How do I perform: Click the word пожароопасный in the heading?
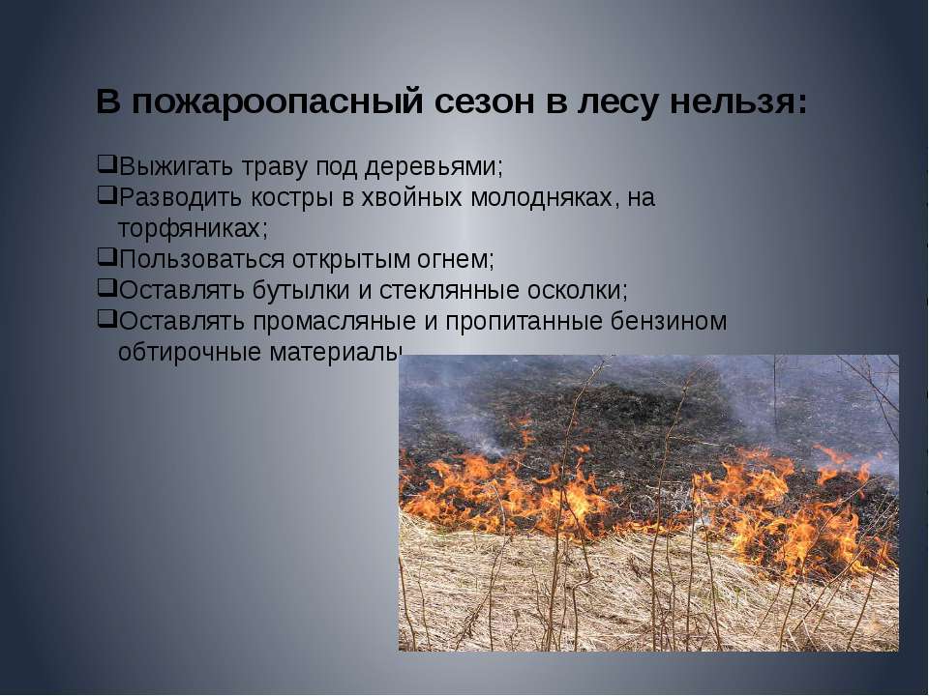click(x=278, y=102)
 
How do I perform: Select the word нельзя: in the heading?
click(x=738, y=101)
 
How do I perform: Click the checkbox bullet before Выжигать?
click(x=105, y=164)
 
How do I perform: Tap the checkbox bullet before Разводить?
click(x=105, y=194)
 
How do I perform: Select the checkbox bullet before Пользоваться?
click(x=105, y=256)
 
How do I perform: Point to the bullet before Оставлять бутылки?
click(x=105, y=287)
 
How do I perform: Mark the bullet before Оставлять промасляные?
click(x=105, y=318)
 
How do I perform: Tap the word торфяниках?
click(x=194, y=229)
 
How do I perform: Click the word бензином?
click(x=669, y=321)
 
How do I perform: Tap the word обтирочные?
click(x=190, y=352)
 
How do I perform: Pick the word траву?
click(x=275, y=168)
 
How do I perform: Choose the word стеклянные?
click(x=449, y=291)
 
